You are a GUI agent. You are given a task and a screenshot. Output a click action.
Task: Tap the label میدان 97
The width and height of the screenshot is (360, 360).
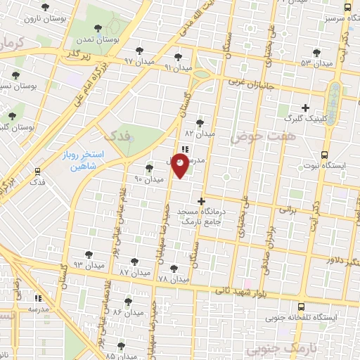(139, 62)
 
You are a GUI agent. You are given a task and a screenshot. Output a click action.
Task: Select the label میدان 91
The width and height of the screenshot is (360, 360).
(177, 67)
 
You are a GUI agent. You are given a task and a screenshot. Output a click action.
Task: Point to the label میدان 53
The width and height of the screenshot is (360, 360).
(316, 63)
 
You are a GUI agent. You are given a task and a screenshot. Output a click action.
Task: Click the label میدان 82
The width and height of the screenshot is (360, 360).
(198, 132)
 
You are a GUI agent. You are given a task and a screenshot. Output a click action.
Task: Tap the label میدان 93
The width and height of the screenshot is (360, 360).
(88, 265)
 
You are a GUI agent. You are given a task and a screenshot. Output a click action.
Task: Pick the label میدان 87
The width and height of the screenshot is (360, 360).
(134, 271)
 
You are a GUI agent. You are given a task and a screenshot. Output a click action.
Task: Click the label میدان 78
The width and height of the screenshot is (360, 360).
(173, 278)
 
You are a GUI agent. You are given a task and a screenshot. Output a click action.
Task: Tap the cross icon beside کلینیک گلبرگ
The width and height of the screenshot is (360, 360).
(304, 108)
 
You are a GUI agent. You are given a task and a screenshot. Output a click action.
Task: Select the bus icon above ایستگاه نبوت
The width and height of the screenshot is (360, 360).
(324, 155)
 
